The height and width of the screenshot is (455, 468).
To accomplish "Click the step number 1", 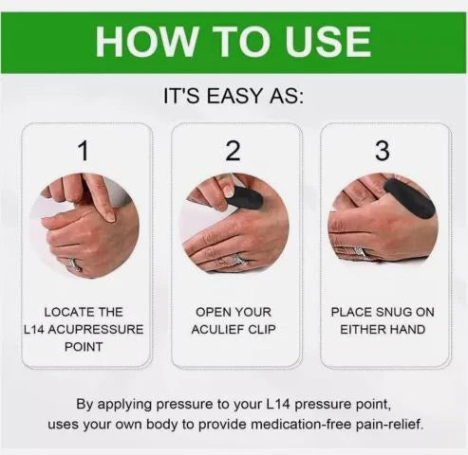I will (x=84, y=150).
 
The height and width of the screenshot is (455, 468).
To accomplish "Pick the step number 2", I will (x=234, y=150).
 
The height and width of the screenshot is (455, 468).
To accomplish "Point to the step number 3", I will (x=382, y=150).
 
